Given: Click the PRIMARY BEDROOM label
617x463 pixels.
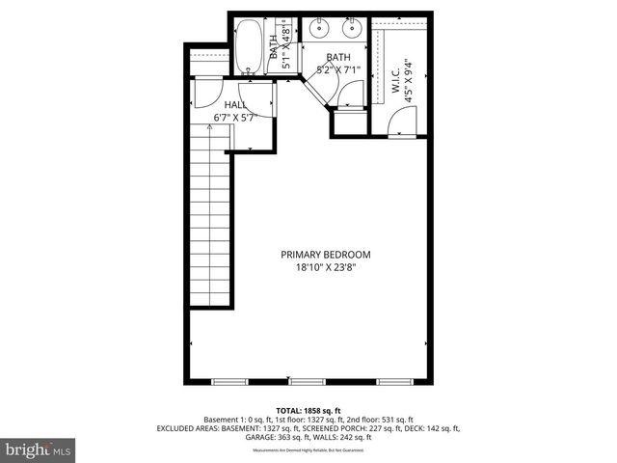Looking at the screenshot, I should tap(325, 255).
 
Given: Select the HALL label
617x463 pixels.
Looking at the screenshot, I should tap(235, 105).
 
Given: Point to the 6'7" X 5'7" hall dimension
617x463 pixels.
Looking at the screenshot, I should tap(235, 118).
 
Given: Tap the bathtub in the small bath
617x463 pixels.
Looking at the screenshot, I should tap(250, 46).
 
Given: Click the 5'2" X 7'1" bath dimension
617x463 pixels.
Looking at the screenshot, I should tap(338, 69).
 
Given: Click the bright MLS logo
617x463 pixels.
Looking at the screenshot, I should tap(39, 450).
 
